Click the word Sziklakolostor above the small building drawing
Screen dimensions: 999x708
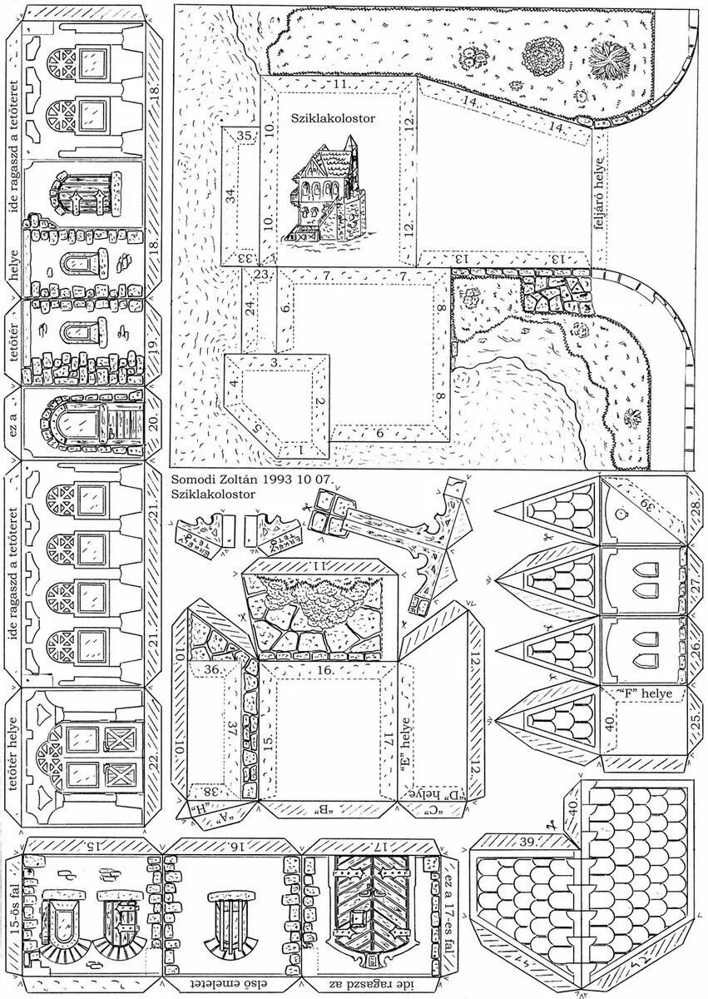coord(333,119)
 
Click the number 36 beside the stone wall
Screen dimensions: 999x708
coord(211,668)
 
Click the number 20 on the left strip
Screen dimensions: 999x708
coord(152,425)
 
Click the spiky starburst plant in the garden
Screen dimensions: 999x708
coord(613,62)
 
